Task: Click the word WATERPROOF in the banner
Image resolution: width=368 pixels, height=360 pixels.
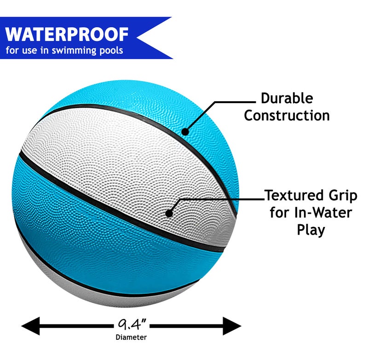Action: [x=67, y=34]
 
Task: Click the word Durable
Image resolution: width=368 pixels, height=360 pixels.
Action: [x=287, y=98]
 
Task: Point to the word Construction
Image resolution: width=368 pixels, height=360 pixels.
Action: [x=287, y=115]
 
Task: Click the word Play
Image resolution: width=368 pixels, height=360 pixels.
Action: [x=311, y=230]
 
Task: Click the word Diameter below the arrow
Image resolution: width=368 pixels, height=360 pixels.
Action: [x=131, y=337]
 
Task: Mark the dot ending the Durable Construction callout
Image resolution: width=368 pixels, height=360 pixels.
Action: [x=185, y=132]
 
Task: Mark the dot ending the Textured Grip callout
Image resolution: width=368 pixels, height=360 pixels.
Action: [x=169, y=214]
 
